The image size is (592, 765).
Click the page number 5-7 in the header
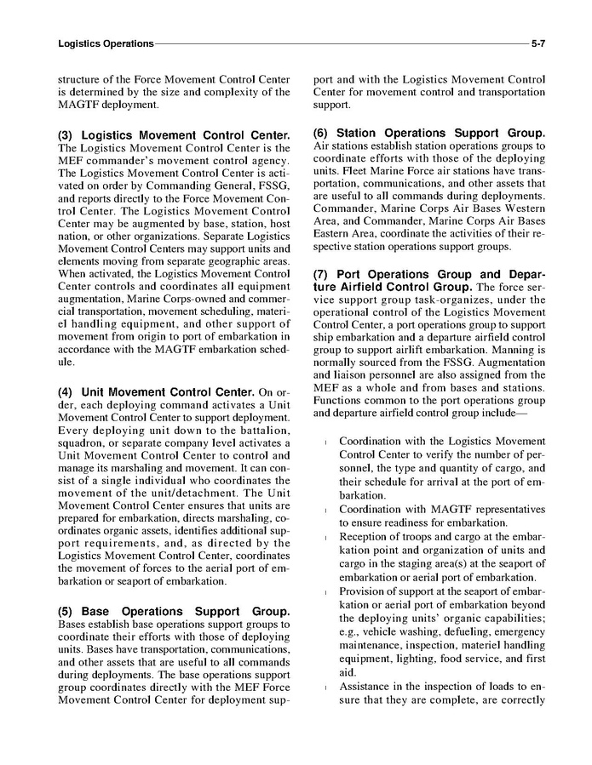[537, 43]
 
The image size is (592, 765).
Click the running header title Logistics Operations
[106, 43]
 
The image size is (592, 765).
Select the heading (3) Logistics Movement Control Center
[174, 135]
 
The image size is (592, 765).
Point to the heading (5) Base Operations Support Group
[174, 612]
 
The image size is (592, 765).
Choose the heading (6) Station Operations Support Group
[429, 133]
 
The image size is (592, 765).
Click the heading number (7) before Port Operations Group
[323, 275]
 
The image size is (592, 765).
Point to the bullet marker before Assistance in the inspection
[325, 687]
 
